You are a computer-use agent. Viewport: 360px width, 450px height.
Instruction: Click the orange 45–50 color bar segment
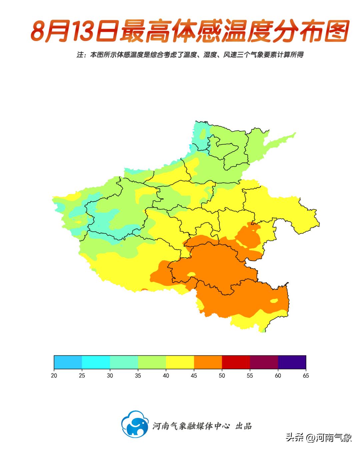pyautogui.click(x=208, y=362)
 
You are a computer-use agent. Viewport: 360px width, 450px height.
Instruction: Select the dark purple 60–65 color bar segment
pyautogui.click(x=292, y=362)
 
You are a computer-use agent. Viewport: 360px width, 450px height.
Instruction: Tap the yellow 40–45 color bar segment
pyautogui.click(x=180, y=362)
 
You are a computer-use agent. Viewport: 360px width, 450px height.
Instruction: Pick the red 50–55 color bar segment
pyautogui.click(x=236, y=362)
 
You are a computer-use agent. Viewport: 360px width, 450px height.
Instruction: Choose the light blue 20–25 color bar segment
pyautogui.click(x=68, y=362)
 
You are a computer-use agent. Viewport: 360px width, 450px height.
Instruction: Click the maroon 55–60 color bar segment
pyautogui.click(x=264, y=362)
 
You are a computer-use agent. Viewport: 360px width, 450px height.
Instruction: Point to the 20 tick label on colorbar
pyautogui.click(x=54, y=376)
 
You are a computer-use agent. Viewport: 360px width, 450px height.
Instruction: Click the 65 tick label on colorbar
pyautogui.click(x=306, y=376)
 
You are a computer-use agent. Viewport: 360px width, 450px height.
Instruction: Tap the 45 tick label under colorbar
pyautogui.click(x=194, y=376)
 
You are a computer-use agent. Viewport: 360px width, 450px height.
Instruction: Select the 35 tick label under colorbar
pyautogui.click(x=138, y=376)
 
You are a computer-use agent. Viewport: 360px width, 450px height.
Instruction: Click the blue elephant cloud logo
pyautogui.click(x=135, y=424)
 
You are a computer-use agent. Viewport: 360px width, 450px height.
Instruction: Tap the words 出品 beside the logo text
pyautogui.click(x=243, y=426)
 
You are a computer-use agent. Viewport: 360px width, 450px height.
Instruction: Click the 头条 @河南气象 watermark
pyautogui.click(x=319, y=437)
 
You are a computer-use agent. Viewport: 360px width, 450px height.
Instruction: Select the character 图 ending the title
pyautogui.click(x=336, y=31)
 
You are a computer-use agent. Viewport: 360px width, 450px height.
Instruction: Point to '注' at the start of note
pyautogui.click(x=80, y=55)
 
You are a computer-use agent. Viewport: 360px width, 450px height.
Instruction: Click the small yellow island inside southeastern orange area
pyautogui.click(x=274, y=301)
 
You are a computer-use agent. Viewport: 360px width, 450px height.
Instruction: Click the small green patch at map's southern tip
pyautogui.click(x=264, y=331)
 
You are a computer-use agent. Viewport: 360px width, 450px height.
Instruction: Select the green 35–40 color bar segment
pyautogui.click(x=152, y=362)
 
